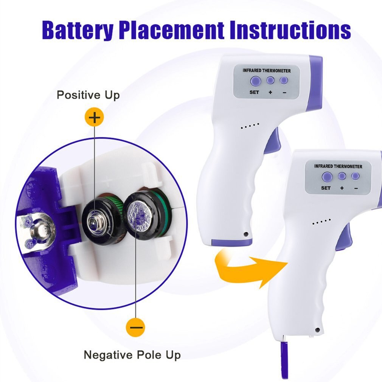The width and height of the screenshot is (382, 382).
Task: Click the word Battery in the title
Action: click(76, 30)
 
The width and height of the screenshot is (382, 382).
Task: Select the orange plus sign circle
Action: click(94, 118)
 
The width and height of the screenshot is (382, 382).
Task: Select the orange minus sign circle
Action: click(135, 327)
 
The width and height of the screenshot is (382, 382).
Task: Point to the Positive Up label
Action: click(88, 95)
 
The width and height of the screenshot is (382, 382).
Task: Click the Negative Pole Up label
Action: click(132, 355)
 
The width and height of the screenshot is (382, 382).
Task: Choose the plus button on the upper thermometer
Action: click(270, 80)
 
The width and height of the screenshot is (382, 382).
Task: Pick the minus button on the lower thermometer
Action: click(355, 176)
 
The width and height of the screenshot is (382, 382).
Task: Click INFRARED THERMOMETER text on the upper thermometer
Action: click(266, 70)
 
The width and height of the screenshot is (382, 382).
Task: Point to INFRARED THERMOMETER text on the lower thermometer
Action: click(338, 166)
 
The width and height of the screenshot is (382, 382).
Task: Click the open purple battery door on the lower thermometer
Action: click(284, 359)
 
